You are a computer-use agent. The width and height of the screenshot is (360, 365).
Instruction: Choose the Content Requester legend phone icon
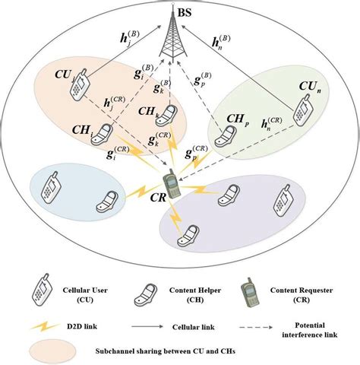pos(253,290)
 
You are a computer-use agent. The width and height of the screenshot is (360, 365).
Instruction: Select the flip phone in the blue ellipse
pos(104,203)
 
